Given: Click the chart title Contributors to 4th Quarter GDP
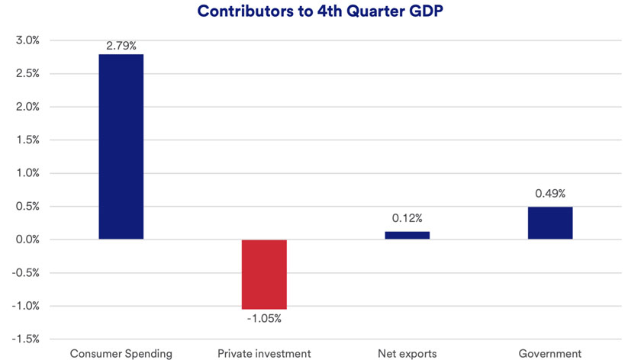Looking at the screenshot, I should tap(321, 11).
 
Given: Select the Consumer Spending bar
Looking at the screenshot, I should tap(121, 146).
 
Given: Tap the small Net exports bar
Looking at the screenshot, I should tap(407, 235).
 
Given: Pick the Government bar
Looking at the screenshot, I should tap(550, 223).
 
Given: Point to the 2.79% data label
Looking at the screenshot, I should tap(121, 47).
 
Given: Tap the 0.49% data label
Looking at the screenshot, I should tap(550, 194).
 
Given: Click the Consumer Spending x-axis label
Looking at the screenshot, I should tap(121, 353).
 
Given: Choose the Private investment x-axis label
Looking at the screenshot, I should tap(264, 353).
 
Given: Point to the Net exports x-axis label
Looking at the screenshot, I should tap(407, 353).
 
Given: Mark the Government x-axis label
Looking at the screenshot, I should tap(550, 353).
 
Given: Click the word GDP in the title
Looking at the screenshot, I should tap(428, 11).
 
